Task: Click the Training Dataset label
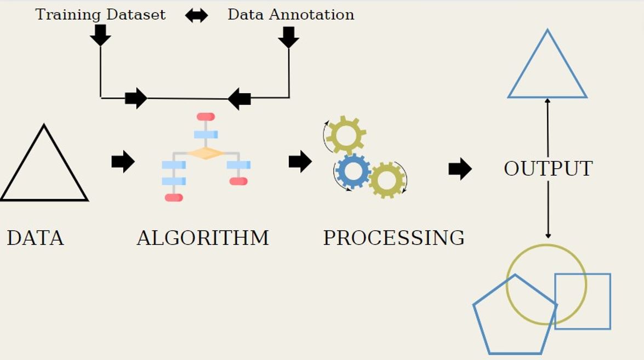coord(100,14)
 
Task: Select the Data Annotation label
coord(290,14)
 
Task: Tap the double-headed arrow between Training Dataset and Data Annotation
coord(196,15)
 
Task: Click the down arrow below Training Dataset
coord(100,35)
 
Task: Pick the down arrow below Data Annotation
coord(288,37)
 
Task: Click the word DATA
coord(35,238)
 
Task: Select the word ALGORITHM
coord(203,238)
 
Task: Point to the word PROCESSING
coord(394,238)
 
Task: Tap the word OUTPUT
coord(548,169)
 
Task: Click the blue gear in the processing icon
coord(352,171)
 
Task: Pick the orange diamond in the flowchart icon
coord(206,153)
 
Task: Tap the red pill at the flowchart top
coord(206,117)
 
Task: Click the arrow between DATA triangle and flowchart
coord(123,161)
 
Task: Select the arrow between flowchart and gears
coord(300,161)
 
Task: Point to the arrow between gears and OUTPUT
coord(460,169)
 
